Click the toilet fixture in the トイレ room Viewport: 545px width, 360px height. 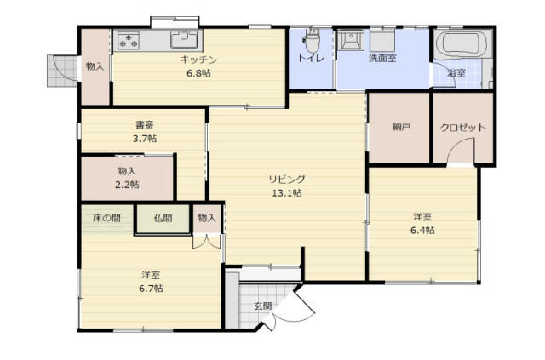[313, 40]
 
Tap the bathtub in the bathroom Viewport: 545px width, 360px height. [462, 44]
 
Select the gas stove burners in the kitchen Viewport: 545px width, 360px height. [129, 41]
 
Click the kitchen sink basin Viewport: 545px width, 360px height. [184, 39]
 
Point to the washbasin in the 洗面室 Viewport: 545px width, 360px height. [351, 40]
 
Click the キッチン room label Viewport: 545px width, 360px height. [198, 60]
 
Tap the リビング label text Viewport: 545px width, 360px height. [287, 180]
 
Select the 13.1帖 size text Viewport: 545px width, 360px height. [287, 193]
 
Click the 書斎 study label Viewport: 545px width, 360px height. [145, 125]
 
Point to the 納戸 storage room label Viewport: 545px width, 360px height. [401, 127]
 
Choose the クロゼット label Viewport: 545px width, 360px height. [462, 128]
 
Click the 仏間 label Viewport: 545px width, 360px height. [163, 218]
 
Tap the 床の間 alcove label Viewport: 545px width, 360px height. [106, 218]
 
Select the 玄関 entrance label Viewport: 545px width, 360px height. [263, 306]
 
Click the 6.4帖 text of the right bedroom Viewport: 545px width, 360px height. [422, 230]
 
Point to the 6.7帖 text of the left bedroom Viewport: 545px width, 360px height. [151, 289]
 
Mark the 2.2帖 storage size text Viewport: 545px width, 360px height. [127, 185]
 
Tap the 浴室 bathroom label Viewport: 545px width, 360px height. [456, 73]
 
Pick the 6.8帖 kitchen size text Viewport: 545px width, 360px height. [198, 74]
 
